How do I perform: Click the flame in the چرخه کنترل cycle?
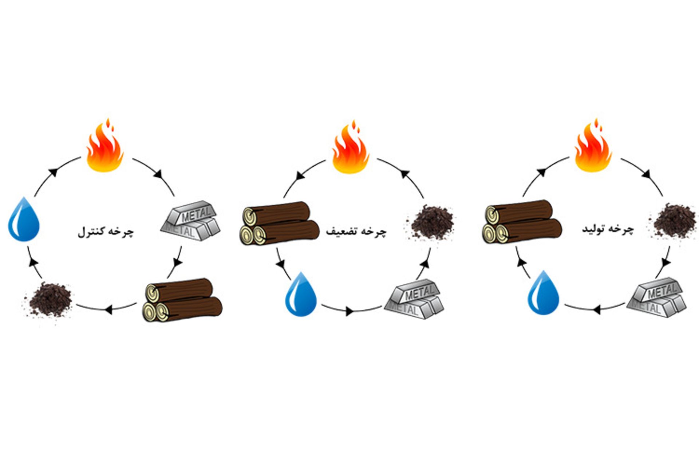(x=105, y=147)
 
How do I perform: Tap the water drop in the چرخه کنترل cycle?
(x=24, y=220)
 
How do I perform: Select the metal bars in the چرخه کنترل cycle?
(x=190, y=221)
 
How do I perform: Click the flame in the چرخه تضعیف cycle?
(x=351, y=149)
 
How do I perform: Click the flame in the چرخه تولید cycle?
(x=593, y=147)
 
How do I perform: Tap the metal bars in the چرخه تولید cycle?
(x=656, y=297)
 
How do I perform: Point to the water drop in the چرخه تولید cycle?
(x=544, y=293)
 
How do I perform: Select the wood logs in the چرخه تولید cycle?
(x=522, y=222)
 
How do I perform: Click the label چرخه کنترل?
(x=106, y=232)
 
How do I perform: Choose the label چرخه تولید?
(x=608, y=229)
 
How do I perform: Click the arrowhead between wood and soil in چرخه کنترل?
(x=108, y=310)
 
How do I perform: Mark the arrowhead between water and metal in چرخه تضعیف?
(x=349, y=311)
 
